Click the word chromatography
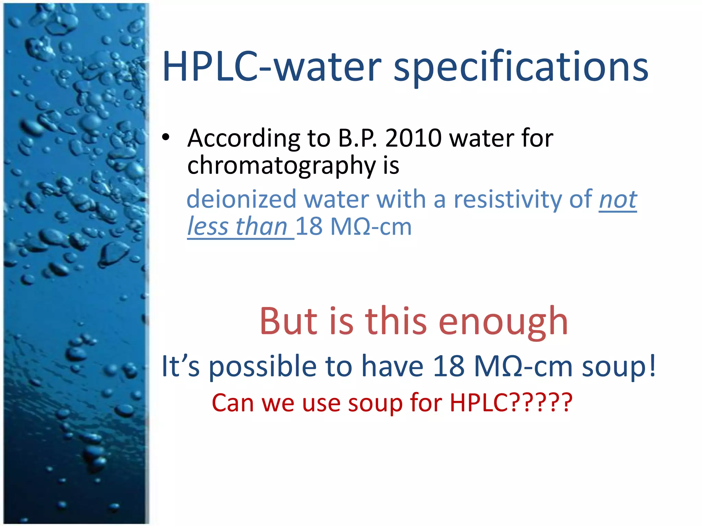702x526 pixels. click(x=281, y=166)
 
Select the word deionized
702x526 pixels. click(x=241, y=199)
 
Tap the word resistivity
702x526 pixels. click(x=508, y=199)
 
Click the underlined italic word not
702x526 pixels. click(x=618, y=199)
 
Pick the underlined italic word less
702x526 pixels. click(x=208, y=227)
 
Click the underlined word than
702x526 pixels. click(x=261, y=227)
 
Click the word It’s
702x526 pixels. click(x=180, y=366)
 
